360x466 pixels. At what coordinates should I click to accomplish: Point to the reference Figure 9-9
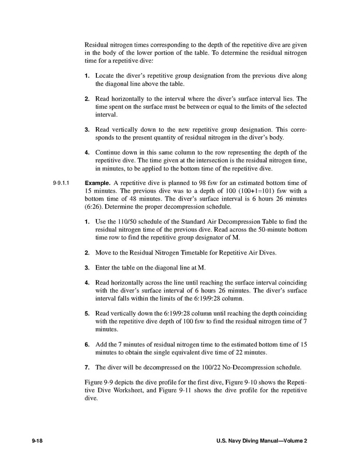pyautogui.click(x=97, y=382)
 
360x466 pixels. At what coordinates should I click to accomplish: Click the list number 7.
pyautogui.click(x=87, y=368)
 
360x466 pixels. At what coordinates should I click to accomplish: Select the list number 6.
pyautogui.click(x=87, y=345)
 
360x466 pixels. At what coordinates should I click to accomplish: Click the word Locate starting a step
pyautogui.click(x=105, y=76)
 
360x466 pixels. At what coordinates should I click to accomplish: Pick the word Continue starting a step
pyautogui.click(x=109, y=152)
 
